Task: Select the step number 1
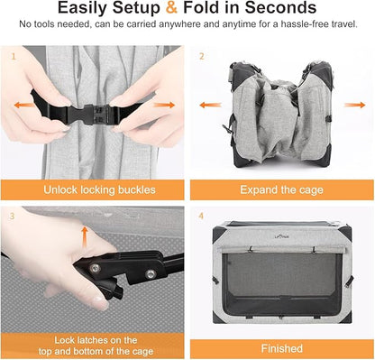14,55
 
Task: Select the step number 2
201,55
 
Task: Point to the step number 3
14,216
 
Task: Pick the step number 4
201,216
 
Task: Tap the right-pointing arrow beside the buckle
164,106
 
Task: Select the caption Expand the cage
281,190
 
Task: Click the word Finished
281,346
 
